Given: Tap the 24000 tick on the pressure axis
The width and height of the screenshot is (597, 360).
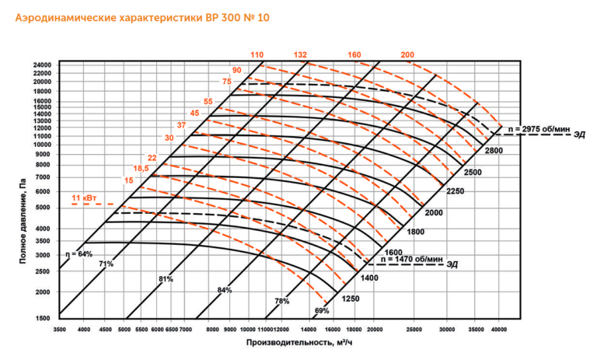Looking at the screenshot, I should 42,65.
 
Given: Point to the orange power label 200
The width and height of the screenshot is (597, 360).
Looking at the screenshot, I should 407,55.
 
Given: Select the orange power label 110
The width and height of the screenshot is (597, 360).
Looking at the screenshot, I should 257,55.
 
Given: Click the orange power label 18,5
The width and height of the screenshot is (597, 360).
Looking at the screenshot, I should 141,169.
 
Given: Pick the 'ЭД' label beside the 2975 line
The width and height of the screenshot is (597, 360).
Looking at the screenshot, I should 578,137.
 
